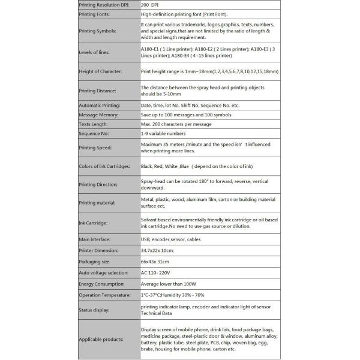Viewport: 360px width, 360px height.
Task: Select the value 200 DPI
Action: coord(152,4)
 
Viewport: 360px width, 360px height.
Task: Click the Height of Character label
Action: coord(100,71)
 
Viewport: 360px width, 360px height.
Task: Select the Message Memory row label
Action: coord(98,115)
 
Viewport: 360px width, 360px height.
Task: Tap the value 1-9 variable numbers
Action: coord(163,133)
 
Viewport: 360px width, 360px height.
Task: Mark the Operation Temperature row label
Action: coord(105,295)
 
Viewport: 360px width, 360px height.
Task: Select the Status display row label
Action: coord(94,310)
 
